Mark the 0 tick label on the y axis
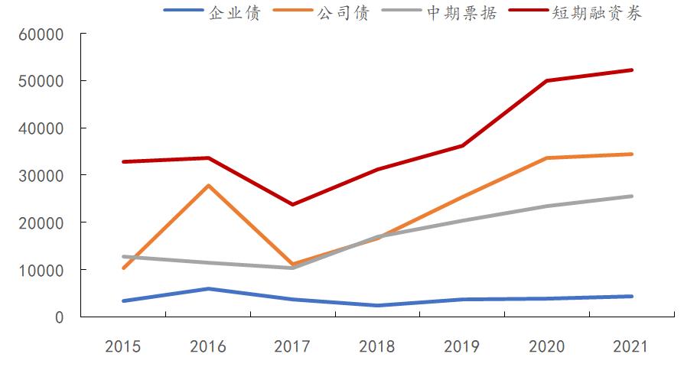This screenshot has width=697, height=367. click(59, 317)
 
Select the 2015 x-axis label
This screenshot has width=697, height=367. click(122, 346)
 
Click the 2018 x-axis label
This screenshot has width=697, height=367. click(377, 346)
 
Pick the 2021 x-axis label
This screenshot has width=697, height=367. click(631, 346)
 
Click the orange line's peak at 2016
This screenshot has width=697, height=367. click(208, 186)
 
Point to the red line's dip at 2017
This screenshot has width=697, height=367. click(292, 204)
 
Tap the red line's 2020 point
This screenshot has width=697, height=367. click(547, 80)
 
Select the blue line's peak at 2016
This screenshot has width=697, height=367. click(208, 288)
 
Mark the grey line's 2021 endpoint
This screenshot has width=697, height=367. click(631, 196)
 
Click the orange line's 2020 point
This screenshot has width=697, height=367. click(547, 158)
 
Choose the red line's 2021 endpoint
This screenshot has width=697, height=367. click(631, 70)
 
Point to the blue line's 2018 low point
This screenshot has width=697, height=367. click(377, 305)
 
